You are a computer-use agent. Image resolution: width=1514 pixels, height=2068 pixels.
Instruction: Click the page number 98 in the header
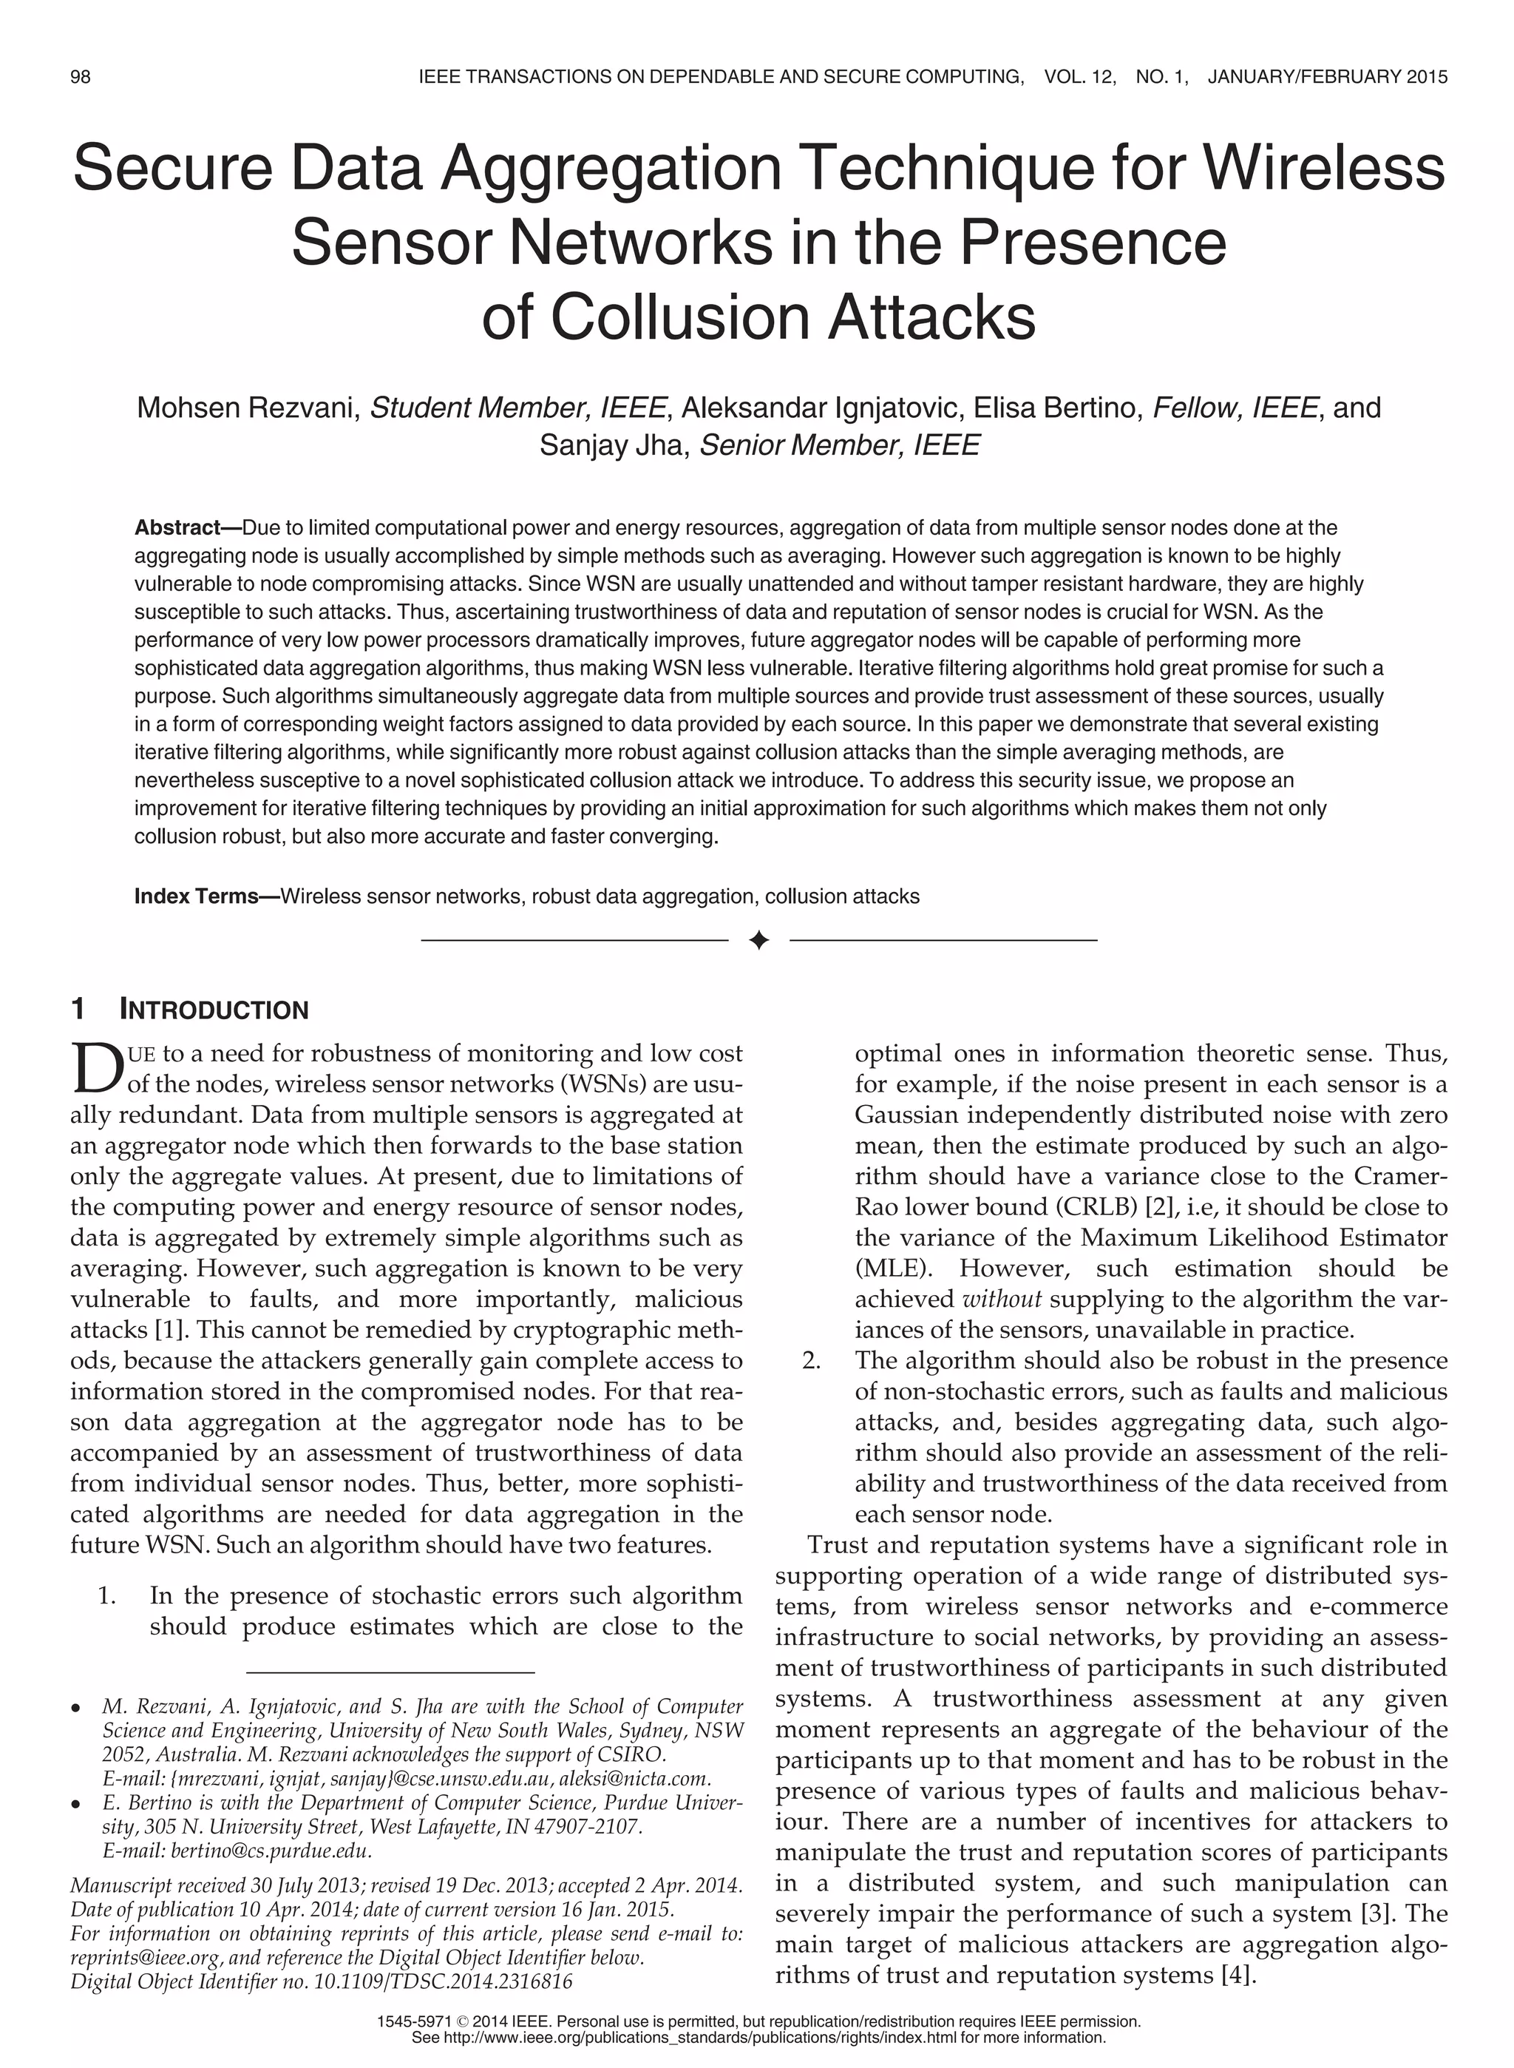click(81, 77)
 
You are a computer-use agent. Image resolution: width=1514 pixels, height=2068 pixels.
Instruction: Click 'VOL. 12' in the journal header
click(1079, 77)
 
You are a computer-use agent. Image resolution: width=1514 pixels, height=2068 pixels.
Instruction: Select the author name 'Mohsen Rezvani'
click(245, 408)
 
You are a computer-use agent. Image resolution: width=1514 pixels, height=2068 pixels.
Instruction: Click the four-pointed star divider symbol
click(758, 941)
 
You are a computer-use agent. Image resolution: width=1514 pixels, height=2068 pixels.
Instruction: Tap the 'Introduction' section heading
click(214, 1010)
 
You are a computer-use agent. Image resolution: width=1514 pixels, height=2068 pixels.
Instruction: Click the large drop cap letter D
click(95, 1069)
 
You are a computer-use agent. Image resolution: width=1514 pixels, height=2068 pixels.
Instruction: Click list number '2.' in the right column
click(810, 1360)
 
